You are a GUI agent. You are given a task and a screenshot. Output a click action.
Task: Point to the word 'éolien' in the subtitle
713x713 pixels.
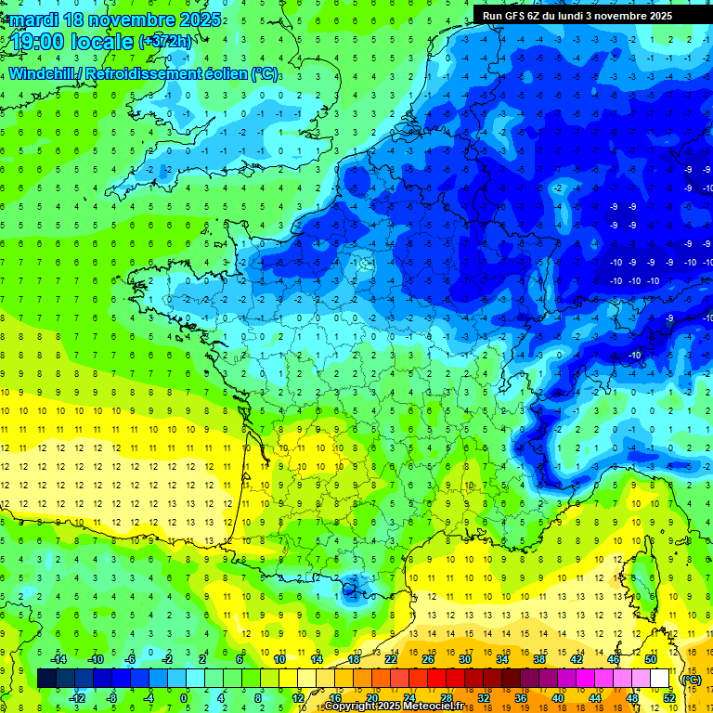pyautogui.click(x=224, y=73)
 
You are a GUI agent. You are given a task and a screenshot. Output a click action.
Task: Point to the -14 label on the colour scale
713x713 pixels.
pyautogui.click(x=58, y=659)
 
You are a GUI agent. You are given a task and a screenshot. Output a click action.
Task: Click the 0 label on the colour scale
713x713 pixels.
pyautogui.click(x=184, y=698)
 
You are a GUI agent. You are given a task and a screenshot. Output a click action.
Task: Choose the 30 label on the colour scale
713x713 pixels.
pyautogui.click(x=464, y=659)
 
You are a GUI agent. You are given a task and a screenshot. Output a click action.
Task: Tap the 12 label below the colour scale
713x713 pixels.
pyautogui.click(x=299, y=698)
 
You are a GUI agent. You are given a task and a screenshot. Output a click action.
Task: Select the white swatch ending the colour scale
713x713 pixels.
pyautogui.click(x=659, y=679)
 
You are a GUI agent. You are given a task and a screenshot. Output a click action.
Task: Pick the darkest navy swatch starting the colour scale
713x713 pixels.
pyautogui.click(x=47, y=679)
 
